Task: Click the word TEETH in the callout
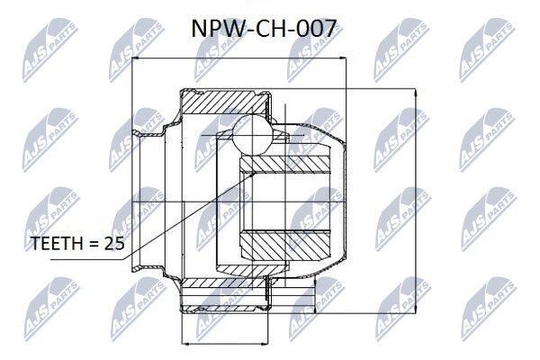[x=57, y=244]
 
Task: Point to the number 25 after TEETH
[x=114, y=244]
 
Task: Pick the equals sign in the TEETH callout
[x=94, y=244]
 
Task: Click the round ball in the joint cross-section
[x=252, y=134]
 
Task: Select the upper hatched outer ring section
[x=224, y=103]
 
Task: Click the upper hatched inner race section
[x=284, y=164]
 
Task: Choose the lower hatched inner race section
[x=284, y=245]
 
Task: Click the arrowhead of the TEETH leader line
[x=253, y=175]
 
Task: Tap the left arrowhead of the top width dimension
[x=136, y=58]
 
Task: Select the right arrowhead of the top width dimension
[x=341, y=58]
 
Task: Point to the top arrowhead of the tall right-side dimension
[x=416, y=93]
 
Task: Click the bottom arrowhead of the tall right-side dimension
[x=416, y=310]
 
